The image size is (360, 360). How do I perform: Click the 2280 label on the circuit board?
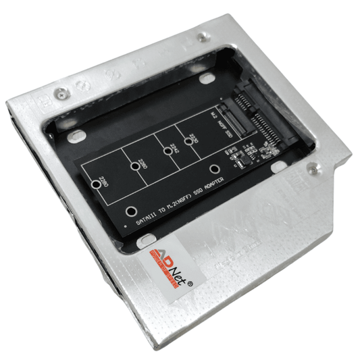103,181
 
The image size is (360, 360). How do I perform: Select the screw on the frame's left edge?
61,93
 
